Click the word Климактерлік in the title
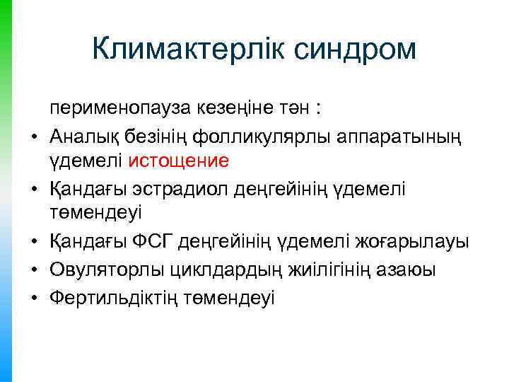click(x=185, y=49)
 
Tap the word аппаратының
click(x=393, y=134)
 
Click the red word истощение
click(x=179, y=161)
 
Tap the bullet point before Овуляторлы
click(x=33, y=269)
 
